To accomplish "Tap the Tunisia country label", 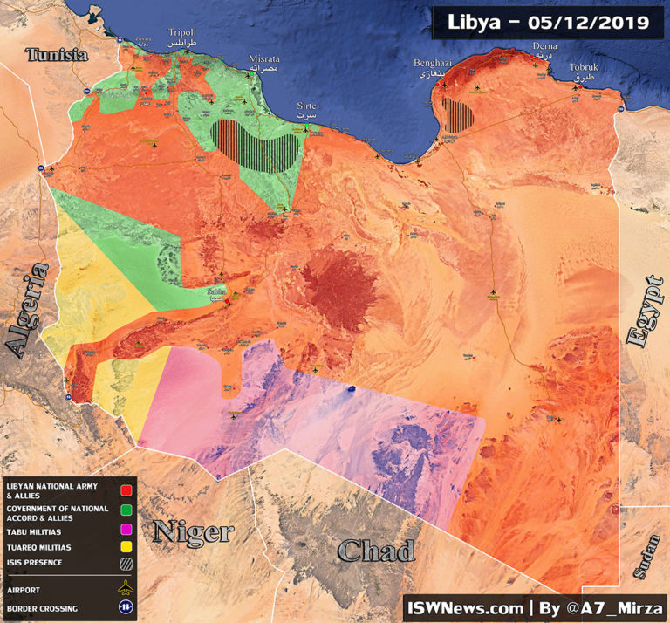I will (57, 55).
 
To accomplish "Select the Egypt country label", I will (647, 311).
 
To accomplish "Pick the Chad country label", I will (376, 551).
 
